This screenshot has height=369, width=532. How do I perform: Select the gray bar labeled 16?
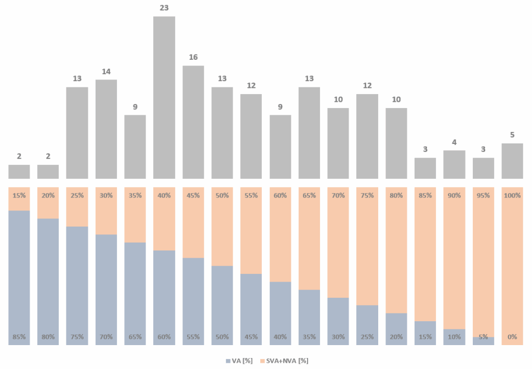pos(193,122)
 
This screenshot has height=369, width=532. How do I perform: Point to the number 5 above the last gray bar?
pos(512,135)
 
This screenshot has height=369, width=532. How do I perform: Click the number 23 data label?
pos(164,8)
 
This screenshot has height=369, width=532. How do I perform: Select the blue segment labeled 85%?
pos(19,275)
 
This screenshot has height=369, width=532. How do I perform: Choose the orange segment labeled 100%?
pos(512,265)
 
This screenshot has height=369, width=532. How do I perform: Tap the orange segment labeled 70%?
pos(338,244)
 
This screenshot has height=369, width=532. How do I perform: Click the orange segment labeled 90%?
pos(454,260)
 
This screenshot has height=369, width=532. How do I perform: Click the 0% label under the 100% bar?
pos(512,337)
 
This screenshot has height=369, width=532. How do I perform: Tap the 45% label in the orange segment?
pos(193,195)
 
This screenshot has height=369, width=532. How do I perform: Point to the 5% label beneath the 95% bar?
pos(483,337)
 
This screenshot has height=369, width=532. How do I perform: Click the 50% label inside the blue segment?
pos(222,337)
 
